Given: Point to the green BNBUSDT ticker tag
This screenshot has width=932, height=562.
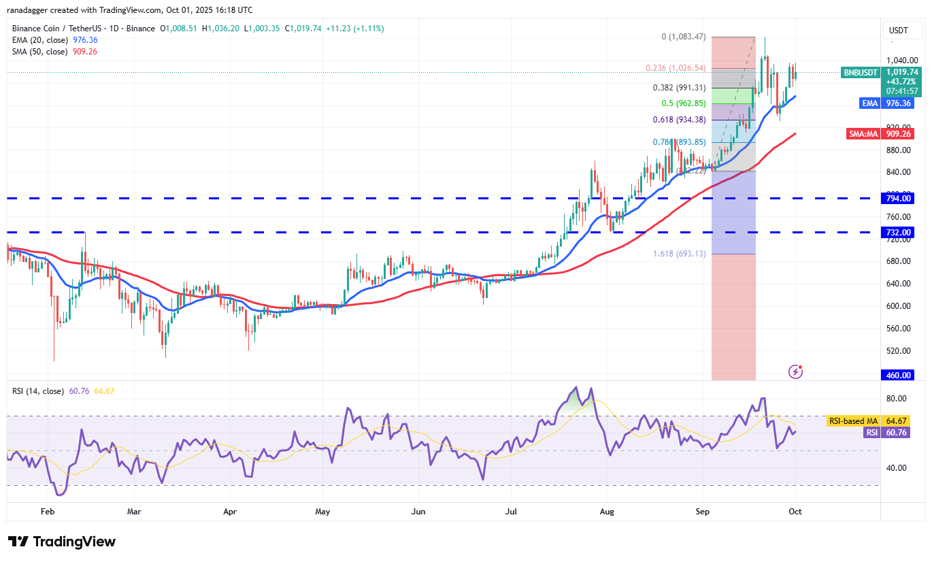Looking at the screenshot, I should (861, 72).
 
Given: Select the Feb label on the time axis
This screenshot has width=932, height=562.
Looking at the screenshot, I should (47, 510).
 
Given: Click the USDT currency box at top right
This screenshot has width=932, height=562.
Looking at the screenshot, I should (900, 30).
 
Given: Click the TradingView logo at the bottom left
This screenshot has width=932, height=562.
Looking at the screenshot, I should (62, 542).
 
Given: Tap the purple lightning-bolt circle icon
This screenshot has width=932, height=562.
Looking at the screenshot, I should (795, 371).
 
